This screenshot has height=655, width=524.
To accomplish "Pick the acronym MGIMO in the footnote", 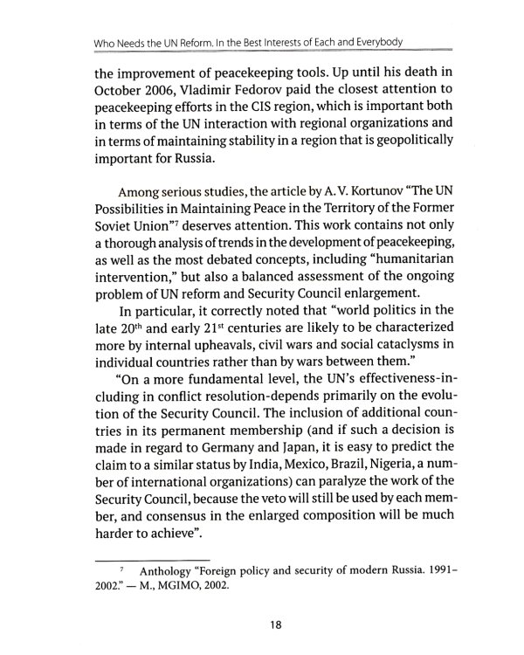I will pos(155,587).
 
